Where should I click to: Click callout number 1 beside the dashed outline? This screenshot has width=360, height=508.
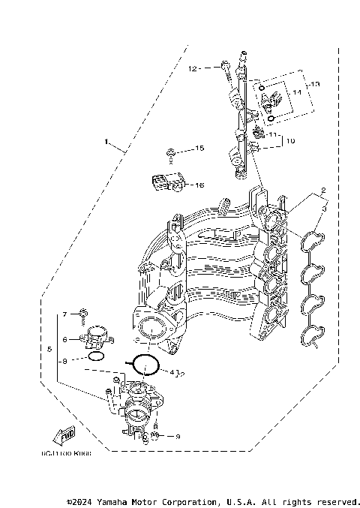(x=107, y=141)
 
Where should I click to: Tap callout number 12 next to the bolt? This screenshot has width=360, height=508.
(x=193, y=68)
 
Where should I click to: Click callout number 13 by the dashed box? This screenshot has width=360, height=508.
(x=316, y=84)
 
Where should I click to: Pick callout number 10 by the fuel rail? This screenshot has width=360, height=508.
(x=291, y=140)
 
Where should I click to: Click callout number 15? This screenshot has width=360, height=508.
(x=199, y=149)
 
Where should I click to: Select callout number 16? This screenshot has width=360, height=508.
(x=199, y=185)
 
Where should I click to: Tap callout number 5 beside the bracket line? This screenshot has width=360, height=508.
(x=49, y=349)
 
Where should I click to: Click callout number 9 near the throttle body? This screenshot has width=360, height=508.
(x=178, y=436)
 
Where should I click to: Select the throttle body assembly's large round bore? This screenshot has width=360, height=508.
(x=139, y=415)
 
